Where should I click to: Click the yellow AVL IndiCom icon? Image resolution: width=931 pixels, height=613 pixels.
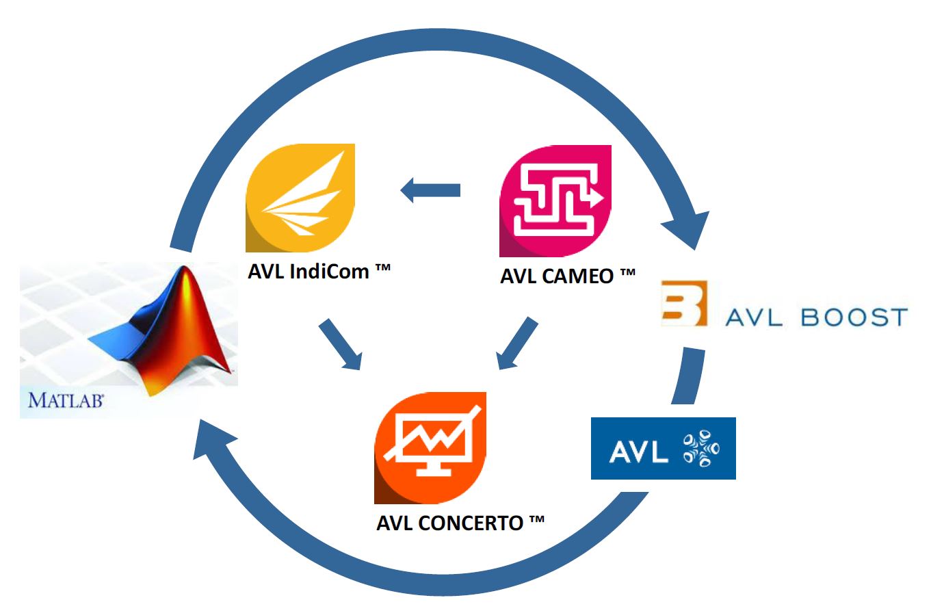pos(300,198)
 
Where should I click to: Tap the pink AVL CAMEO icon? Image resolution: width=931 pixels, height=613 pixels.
pos(555,200)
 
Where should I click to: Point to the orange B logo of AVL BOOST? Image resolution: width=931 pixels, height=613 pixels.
pos(684,303)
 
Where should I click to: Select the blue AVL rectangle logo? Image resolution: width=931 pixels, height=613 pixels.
pos(663,448)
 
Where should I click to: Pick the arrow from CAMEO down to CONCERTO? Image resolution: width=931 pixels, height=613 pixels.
pos(516,344)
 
